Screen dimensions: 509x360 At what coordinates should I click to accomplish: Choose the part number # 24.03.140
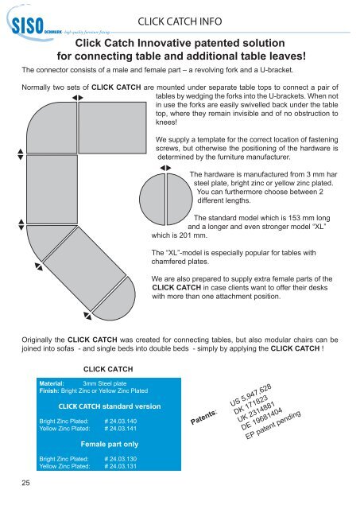coord(121,420)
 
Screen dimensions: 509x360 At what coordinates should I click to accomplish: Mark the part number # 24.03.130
coord(121,460)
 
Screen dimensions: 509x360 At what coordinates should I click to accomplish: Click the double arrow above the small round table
coord(165,169)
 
